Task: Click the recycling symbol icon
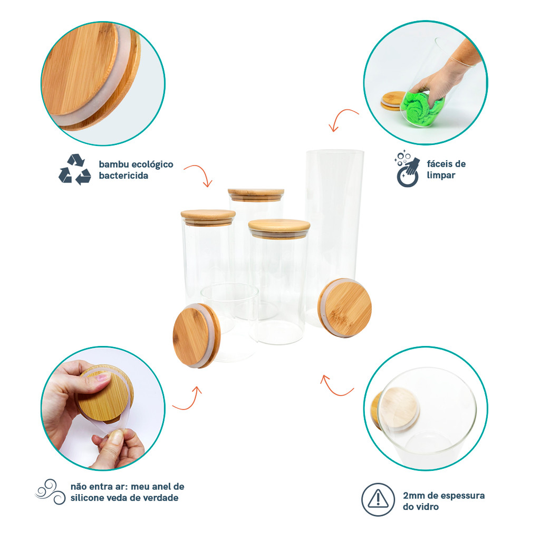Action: (x=75, y=169)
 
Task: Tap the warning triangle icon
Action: (x=378, y=499)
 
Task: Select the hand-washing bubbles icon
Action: (x=408, y=169)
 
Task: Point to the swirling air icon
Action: (x=50, y=492)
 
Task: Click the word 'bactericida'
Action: (x=123, y=176)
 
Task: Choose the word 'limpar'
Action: (x=441, y=175)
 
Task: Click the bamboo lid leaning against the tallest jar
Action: (x=345, y=307)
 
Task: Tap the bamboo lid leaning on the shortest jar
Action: (x=196, y=335)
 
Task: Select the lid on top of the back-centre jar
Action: (x=256, y=194)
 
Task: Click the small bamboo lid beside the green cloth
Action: (x=392, y=101)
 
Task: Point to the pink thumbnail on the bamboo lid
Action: (x=103, y=378)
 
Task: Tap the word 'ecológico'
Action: (x=152, y=165)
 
